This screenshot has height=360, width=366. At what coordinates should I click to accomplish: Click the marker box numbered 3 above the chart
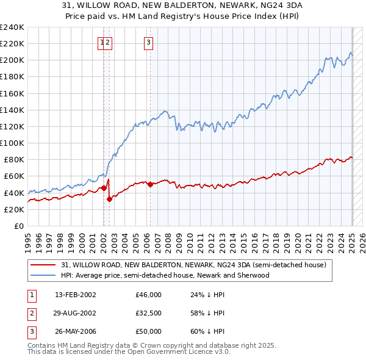[149, 42]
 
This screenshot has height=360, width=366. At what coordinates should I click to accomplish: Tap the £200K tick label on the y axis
[12, 60]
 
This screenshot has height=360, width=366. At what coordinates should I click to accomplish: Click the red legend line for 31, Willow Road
[43, 265]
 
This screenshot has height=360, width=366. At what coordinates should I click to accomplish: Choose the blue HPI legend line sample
[43, 275]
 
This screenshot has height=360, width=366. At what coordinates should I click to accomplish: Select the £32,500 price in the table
[148, 313]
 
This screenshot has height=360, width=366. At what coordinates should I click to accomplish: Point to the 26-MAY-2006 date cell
[74, 331]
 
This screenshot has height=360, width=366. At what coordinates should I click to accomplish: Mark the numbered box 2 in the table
[30, 313]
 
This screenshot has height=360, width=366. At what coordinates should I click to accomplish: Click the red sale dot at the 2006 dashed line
[150, 184]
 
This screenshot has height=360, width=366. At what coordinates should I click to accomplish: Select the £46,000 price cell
[148, 295]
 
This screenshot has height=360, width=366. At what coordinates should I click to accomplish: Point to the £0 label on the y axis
[19, 226]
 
